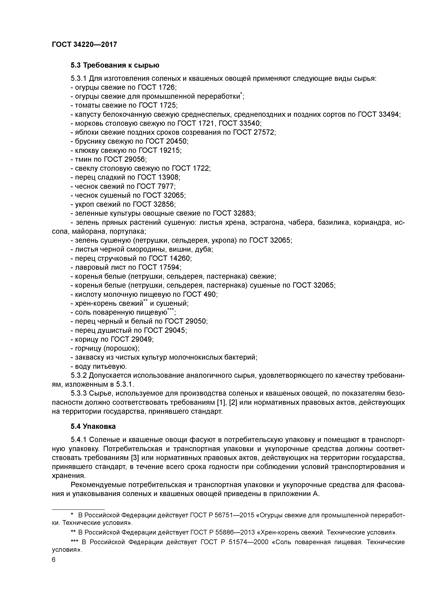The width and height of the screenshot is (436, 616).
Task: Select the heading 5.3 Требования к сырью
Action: tap(115, 65)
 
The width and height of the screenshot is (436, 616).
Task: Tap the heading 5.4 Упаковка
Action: tap(93, 426)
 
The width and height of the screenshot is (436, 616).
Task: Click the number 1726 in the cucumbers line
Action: tap(167, 87)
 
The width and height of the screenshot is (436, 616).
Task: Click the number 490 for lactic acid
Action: tap(210, 295)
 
